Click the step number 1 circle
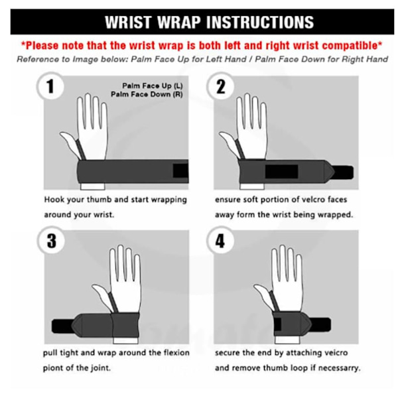50,86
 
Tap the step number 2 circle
220,86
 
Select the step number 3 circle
51,240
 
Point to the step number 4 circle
220,240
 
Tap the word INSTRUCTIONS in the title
260,23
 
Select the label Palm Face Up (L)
153,86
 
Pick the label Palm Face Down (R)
147,94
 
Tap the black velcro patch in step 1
180,170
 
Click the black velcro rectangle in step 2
281,172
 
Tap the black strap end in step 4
321,324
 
